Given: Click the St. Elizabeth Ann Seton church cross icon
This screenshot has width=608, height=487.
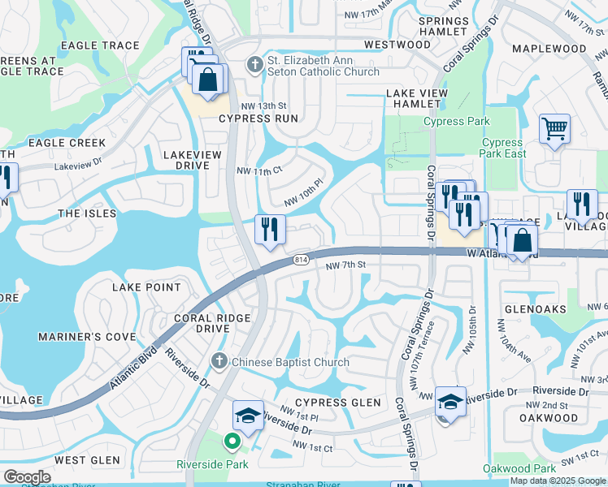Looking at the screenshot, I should click(x=254, y=64).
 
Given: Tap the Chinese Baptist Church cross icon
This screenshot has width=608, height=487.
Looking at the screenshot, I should click(x=218, y=362).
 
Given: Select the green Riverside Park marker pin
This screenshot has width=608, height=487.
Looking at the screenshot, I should click(x=232, y=442).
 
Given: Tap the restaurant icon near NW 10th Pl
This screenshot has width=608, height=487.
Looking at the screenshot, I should click(x=270, y=229).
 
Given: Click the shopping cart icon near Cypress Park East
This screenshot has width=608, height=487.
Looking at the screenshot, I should click(x=554, y=130).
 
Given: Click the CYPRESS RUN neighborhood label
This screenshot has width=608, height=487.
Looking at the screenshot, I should click(x=257, y=119).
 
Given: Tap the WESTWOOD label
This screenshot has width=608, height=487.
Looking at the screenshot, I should click(x=397, y=44).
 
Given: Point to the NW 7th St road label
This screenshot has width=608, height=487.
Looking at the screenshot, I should click(x=347, y=265).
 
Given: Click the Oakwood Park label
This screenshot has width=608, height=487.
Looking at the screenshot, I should click(x=519, y=468).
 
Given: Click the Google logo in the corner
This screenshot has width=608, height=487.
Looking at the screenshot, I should click(x=26, y=477).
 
